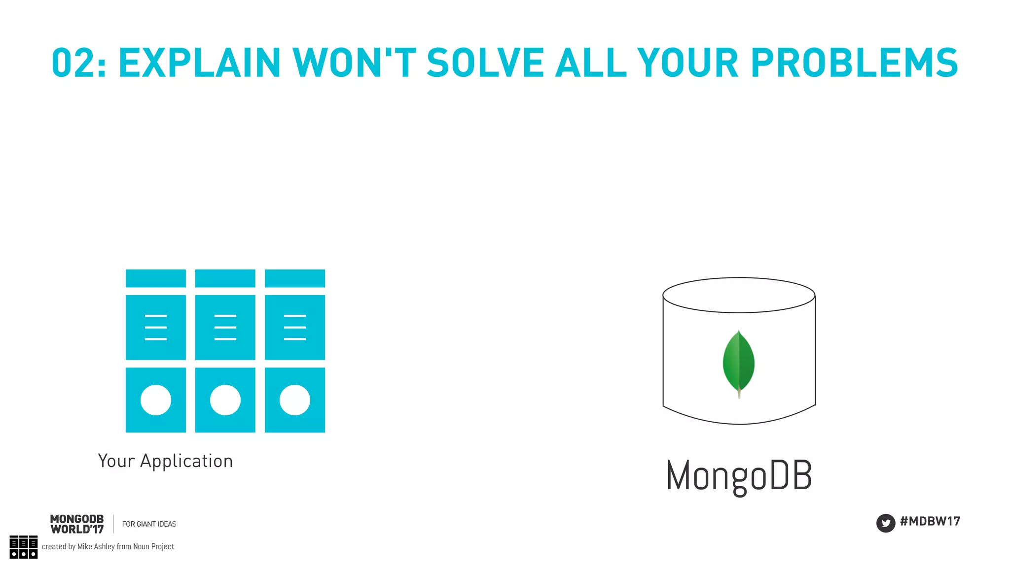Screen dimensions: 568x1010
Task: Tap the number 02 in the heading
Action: coord(72,63)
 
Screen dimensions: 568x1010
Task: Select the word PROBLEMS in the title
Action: coord(854,63)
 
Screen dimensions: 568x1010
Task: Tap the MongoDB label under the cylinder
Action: coord(739,476)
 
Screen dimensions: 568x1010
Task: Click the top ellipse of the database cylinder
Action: coord(739,295)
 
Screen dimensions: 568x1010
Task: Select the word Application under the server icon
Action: coord(186,462)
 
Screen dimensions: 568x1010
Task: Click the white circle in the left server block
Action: coord(156,400)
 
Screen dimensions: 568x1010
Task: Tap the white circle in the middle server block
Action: coord(225,400)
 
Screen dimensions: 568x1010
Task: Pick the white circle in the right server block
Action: coord(295,400)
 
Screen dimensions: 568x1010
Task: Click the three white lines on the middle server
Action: coord(225,327)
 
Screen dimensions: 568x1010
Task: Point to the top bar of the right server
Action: coord(295,278)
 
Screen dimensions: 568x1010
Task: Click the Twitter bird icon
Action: coord(886,523)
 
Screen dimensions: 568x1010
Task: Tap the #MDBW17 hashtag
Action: coord(930,522)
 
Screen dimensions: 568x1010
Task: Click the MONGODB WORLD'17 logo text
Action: coord(77,524)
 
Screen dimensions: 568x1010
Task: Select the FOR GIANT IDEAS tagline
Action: coord(149,524)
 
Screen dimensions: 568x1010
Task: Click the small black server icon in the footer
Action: coord(23,547)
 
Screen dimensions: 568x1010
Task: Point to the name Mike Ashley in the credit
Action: coord(96,547)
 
